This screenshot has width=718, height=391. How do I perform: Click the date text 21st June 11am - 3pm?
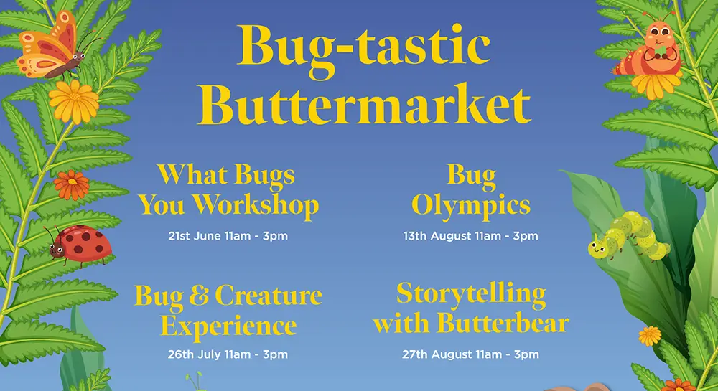[x=228, y=237]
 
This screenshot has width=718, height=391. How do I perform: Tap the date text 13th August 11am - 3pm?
[x=471, y=237]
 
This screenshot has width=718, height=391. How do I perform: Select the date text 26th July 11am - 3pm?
[x=228, y=354]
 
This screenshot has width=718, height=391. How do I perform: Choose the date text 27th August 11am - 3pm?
[x=471, y=354]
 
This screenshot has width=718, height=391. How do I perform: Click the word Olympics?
[x=471, y=206]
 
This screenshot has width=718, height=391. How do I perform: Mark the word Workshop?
[x=256, y=206]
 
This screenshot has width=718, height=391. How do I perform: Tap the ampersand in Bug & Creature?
[x=198, y=296]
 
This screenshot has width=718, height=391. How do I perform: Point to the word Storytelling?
[x=471, y=295]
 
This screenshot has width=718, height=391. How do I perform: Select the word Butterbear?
[x=503, y=323]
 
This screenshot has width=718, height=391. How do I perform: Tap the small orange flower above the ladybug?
[x=71, y=185]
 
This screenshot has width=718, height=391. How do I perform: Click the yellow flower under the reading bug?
[x=656, y=85]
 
